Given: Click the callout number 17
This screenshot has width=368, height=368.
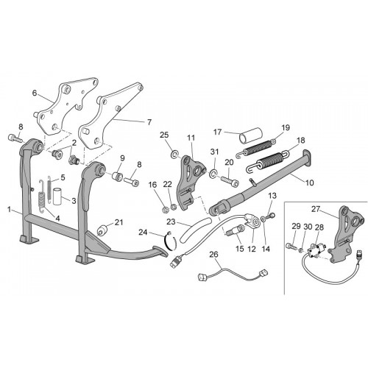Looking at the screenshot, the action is [x=218, y=132].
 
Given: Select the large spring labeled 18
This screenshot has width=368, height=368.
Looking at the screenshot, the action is [x=267, y=160].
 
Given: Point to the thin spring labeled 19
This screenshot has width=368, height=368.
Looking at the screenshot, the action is [x=256, y=148].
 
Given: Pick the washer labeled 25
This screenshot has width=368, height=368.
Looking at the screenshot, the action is [x=174, y=155].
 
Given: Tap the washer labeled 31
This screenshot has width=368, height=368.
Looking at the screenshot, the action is [x=213, y=174].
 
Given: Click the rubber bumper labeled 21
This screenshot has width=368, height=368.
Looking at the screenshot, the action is [x=103, y=230].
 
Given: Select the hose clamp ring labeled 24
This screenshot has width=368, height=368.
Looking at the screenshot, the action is [x=170, y=241].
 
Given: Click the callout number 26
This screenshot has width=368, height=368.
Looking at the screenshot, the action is [x=213, y=255].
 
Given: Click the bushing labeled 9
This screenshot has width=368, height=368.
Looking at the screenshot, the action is [x=117, y=177].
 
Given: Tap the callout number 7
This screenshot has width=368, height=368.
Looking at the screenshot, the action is [x=149, y=122].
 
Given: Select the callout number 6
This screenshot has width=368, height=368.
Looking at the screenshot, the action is [x=35, y=93].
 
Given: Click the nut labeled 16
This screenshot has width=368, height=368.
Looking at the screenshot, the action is [x=165, y=210].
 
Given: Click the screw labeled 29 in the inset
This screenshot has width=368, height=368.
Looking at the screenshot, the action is [x=291, y=245].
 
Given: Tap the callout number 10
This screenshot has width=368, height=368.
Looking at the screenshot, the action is [x=310, y=183].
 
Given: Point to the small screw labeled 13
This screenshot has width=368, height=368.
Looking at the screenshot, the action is [x=272, y=216].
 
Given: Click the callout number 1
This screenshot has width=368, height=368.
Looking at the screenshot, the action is [x=9, y=210].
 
